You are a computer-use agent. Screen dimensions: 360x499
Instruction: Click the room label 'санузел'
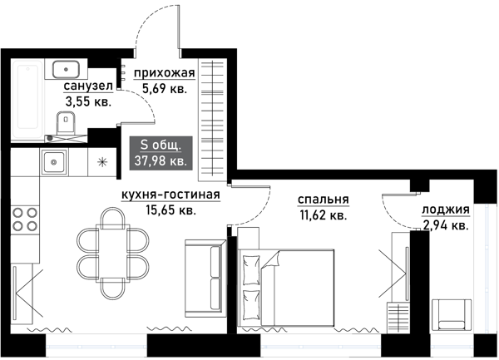click(x=85, y=86)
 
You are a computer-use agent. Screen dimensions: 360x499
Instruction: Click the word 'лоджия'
click(x=445, y=210)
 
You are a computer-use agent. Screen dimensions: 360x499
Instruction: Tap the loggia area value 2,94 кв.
click(x=445, y=224)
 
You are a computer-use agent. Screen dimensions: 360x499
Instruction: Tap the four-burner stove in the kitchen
click(x=25, y=219)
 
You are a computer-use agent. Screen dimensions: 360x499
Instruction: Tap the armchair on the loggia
click(x=453, y=314)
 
